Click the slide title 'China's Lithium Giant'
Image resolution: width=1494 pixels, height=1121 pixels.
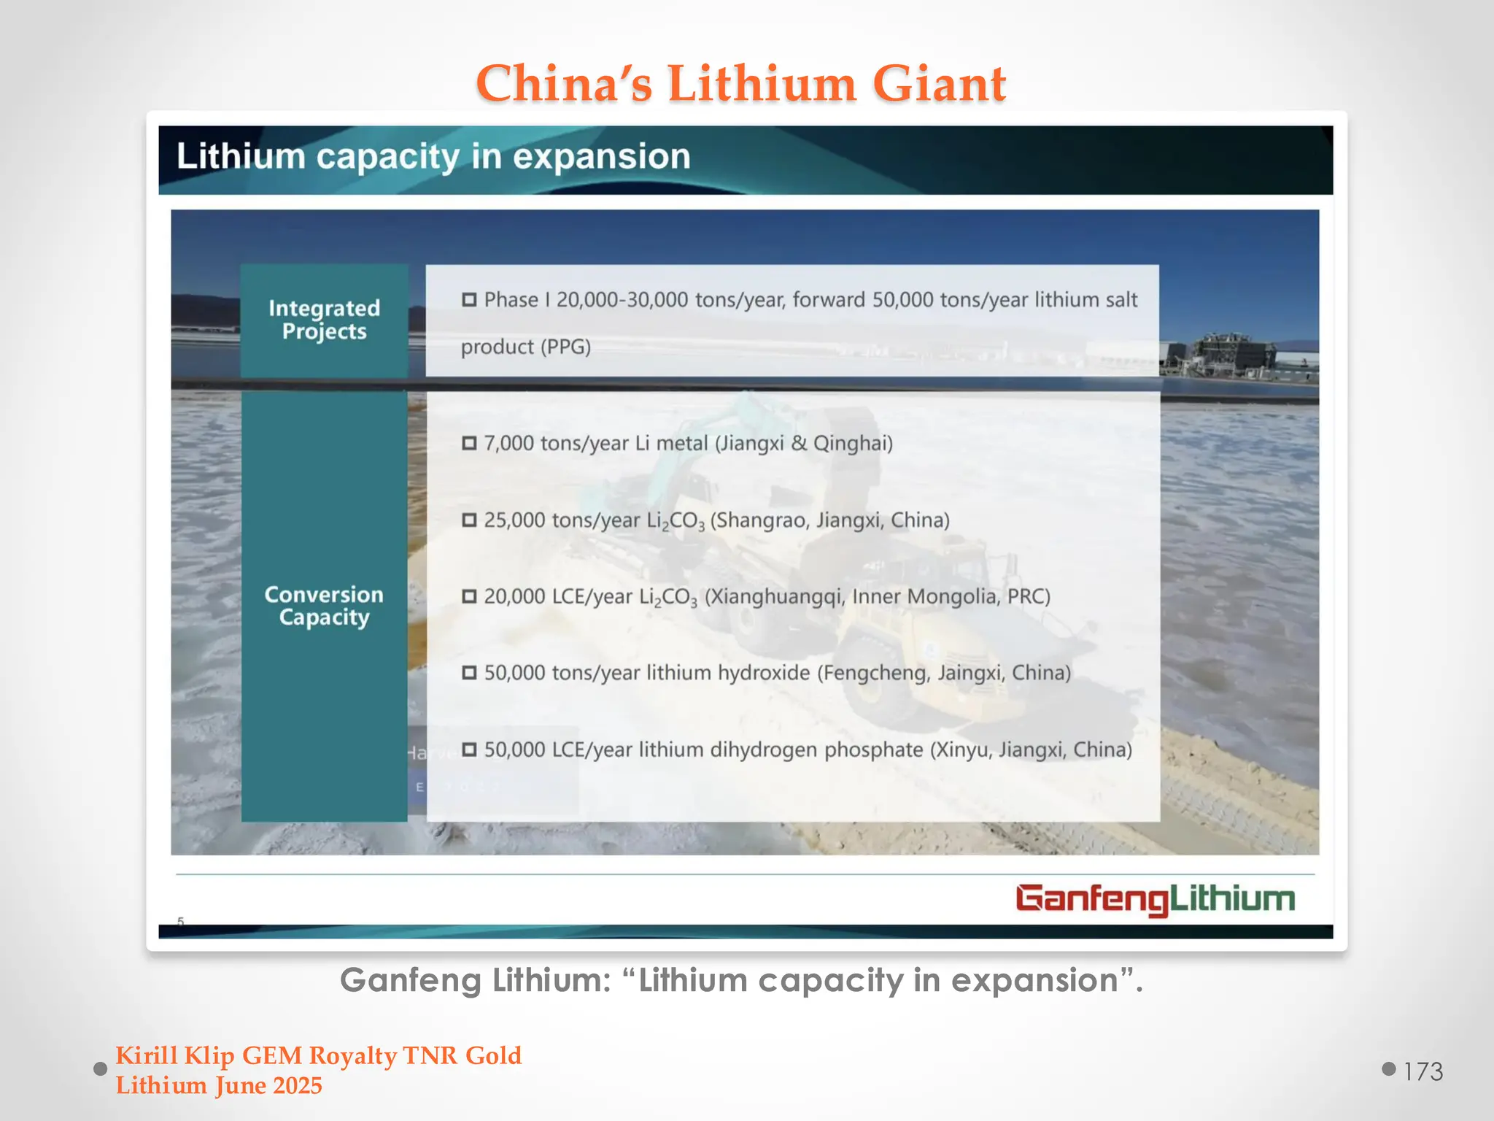coord(741,83)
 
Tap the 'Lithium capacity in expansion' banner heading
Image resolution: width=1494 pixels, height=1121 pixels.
coord(433,157)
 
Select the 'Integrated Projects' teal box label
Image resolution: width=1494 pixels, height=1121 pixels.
coord(324,320)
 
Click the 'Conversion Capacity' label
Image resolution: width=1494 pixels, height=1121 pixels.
coord(324,606)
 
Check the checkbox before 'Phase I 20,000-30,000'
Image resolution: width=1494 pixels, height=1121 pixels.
coord(469,300)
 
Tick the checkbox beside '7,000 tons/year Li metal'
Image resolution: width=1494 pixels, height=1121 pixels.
coord(469,443)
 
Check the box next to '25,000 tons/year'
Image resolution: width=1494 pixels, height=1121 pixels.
coord(469,520)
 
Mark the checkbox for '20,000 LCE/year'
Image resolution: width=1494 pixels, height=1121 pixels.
coord(469,596)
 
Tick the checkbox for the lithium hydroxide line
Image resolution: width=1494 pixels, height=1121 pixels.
coord(469,672)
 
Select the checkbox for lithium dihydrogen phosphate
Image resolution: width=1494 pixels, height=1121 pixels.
coord(469,750)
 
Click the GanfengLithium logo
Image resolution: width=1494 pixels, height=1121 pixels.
coord(1155,899)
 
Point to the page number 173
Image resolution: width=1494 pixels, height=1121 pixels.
coord(1423,1071)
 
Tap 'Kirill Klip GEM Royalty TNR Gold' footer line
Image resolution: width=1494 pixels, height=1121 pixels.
coord(319,1055)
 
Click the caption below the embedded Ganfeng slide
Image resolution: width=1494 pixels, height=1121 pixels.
coord(741,980)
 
